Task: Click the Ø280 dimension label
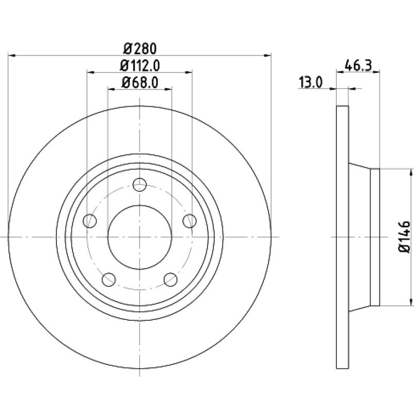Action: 140,49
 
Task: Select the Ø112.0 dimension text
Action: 140,66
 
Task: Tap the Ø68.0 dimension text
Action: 140,82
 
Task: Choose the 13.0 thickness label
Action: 311,82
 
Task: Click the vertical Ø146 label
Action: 404,237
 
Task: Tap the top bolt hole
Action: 140,185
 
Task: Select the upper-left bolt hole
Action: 90,221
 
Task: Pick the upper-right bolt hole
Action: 189,221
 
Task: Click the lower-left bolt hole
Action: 109,279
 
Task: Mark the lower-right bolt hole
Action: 171,279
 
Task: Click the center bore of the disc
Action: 140,237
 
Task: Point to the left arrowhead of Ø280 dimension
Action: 11,55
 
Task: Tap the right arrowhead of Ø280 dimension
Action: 268,55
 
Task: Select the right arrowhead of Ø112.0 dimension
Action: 188,72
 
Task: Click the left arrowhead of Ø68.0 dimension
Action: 111,89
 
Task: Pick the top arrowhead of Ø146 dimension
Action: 410,172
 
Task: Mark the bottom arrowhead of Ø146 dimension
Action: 410,302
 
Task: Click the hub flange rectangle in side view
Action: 375,237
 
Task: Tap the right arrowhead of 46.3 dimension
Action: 376,71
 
